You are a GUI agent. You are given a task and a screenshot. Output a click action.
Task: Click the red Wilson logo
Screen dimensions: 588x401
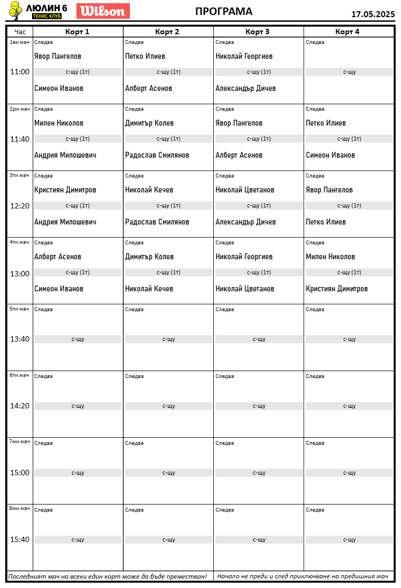pyautogui.click(x=103, y=11)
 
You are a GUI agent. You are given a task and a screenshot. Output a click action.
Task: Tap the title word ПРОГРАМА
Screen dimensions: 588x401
pyautogui.click(x=223, y=12)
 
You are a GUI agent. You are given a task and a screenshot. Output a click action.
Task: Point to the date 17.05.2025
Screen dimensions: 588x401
pyautogui.click(x=373, y=14)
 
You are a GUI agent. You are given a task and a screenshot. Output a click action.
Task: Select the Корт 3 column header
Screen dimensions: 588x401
pyautogui.click(x=258, y=32)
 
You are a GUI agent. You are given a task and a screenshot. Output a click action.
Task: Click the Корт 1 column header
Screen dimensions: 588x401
pyautogui.click(x=78, y=32)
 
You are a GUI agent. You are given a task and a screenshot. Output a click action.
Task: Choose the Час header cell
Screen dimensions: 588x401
pyautogui.click(x=20, y=32)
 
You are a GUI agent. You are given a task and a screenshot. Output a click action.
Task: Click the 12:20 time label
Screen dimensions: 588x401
pyautogui.click(x=20, y=206)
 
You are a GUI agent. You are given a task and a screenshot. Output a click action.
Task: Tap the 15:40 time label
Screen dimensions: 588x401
pyautogui.click(x=20, y=539)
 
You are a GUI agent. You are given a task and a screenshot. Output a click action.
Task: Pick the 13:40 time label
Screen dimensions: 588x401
pyautogui.click(x=20, y=339)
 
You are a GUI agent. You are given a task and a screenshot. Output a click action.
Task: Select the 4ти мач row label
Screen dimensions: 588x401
pyautogui.click(x=20, y=242)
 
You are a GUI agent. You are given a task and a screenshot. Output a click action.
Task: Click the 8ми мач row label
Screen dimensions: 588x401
pyautogui.click(x=20, y=508)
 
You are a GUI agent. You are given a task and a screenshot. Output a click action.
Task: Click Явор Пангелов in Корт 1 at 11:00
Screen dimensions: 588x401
pyautogui.click(x=58, y=56)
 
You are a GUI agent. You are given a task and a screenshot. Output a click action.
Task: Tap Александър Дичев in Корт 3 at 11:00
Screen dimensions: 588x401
pyautogui.click(x=245, y=88)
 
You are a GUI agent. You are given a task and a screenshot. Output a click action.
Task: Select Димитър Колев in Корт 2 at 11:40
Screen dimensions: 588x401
pyautogui.click(x=149, y=123)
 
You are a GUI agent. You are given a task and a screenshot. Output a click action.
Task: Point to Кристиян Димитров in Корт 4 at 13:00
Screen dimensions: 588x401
pyautogui.click(x=337, y=289)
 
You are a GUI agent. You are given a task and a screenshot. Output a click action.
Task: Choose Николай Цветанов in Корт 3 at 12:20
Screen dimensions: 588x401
pyautogui.click(x=245, y=190)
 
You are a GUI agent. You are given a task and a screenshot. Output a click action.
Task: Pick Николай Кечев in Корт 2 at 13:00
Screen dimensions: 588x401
pyautogui.click(x=149, y=289)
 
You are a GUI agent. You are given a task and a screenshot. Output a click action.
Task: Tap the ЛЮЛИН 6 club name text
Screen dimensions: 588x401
pyautogui.click(x=47, y=7)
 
